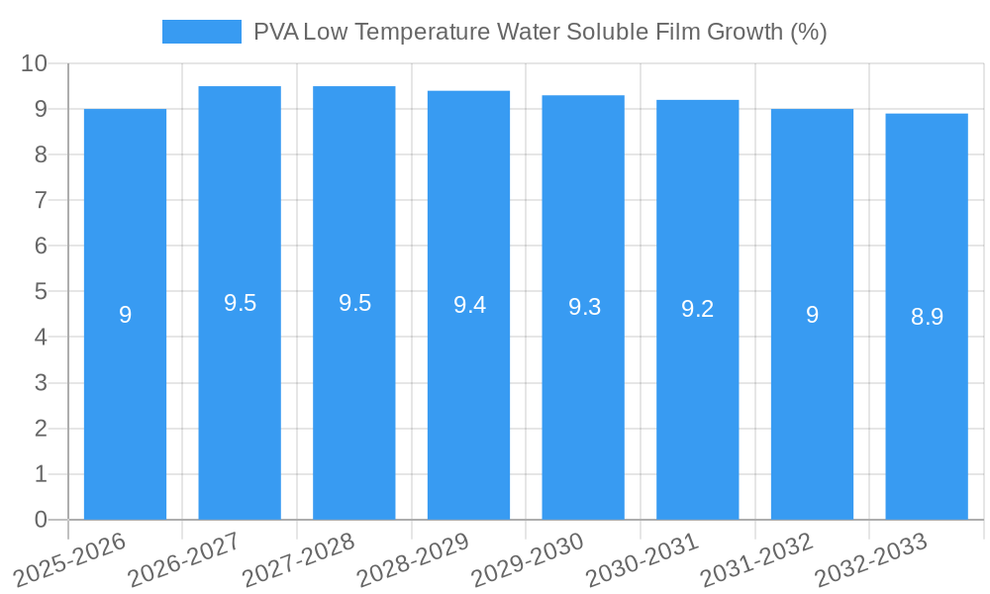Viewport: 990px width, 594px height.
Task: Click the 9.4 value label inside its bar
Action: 469,305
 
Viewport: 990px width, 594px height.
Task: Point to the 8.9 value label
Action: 927,317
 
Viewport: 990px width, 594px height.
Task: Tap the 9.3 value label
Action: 584,307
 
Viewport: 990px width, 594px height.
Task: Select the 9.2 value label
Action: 697,309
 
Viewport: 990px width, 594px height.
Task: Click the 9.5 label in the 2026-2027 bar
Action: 240,303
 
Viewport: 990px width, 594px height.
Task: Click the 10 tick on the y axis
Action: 35,63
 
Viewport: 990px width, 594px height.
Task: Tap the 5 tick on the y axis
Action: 41,292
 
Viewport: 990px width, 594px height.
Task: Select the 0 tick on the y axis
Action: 41,520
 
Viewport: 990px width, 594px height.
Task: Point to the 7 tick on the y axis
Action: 41,200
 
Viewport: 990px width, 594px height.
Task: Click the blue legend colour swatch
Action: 201,32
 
